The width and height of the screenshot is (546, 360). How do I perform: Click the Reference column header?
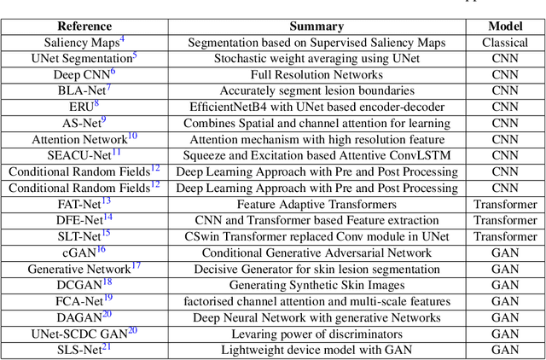click(x=84, y=26)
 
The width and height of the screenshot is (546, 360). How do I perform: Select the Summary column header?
click(x=317, y=26)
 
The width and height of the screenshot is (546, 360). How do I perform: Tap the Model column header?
click(x=505, y=26)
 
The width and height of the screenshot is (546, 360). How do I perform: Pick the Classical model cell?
click(x=505, y=42)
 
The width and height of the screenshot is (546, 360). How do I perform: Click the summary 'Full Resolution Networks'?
click(x=317, y=74)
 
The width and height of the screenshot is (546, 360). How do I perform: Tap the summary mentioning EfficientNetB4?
click(x=317, y=107)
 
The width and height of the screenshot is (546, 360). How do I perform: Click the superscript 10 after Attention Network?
click(x=131, y=136)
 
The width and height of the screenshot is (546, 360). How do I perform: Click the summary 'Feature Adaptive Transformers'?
click(x=317, y=204)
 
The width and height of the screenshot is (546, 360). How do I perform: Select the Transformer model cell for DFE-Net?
click(x=505, y=220)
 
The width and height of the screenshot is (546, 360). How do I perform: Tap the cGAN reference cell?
click(x=84, y=253)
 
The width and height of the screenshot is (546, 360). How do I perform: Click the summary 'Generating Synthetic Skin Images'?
click(x=317, y=285)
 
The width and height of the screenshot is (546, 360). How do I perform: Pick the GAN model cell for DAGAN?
click(x=505, y=317)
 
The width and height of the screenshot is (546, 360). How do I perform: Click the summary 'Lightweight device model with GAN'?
click(x=317, y=350)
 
